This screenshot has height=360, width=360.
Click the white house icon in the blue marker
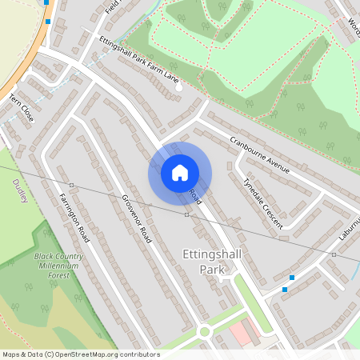click(x=180, y=172)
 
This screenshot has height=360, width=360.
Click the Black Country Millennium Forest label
click(x=57, y=266)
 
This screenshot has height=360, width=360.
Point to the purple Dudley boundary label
click(x=19, y=191)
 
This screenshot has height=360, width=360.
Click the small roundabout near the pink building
click(x=204, y=330)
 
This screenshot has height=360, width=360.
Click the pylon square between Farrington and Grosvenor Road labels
click(x=71, y=186)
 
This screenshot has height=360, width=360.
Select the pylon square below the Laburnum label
click(x=334, y=254)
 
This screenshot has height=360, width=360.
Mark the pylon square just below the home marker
click(x=187, y=214)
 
